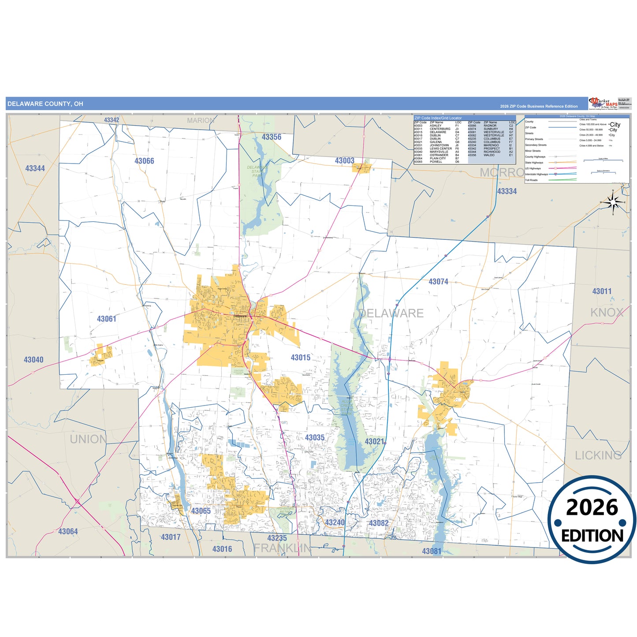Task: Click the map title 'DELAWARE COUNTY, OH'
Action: (x=45, y=104)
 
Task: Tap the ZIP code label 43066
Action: (x=144, y=161)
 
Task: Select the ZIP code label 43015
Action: (x=300, y=358)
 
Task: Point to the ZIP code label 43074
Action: (x=438, y=282)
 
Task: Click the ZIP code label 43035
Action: (x=315, y=438)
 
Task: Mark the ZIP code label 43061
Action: (x=107, y=319)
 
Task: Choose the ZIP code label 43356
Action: (x=271, y=137)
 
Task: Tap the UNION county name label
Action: (x=88, y=439)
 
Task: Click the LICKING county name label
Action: (x=598, y=455)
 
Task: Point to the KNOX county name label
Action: (x=607, y=313)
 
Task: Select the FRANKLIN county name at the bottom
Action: (x=283, y=548)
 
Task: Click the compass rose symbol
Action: (x=613, y=202)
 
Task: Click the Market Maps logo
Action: (x=603, y=104)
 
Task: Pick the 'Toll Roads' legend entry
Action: (x=531, y=180)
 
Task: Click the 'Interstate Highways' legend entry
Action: (x=536, y=174)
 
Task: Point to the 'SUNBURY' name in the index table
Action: (x=491, y=129)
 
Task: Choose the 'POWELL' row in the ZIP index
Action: (x=436, y=162)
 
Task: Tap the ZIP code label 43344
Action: (x=35, y=168)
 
